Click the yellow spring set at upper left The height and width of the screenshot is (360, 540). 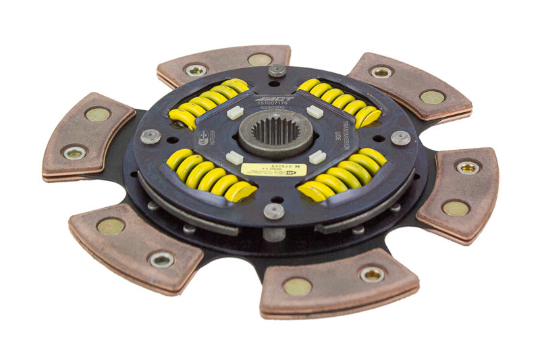coord(209,103)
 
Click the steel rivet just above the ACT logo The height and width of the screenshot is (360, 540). coord(277,70)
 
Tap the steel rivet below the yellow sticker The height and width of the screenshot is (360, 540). coord(274,211)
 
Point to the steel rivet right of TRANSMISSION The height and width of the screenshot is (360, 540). coord(401,138)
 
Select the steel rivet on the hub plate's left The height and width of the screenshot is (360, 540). coord(150,136)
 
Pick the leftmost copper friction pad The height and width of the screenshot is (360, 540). coord(88,135)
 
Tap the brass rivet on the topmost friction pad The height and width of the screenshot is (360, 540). coord(260,59)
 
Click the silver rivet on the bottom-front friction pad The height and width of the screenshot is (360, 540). coord(372,274)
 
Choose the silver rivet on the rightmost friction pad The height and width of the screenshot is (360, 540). coord(467,167)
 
